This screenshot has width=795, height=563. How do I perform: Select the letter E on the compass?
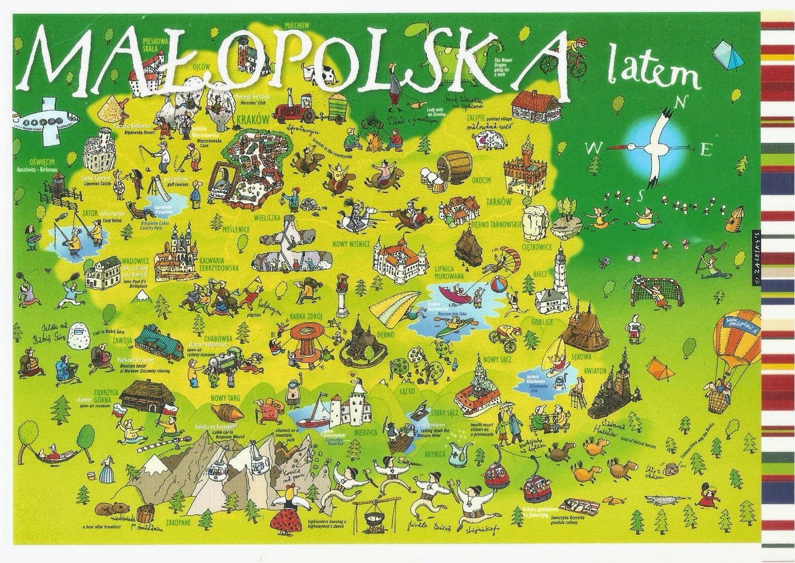click(705, 150)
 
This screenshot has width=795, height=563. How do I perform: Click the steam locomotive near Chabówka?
click(223, 363)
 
